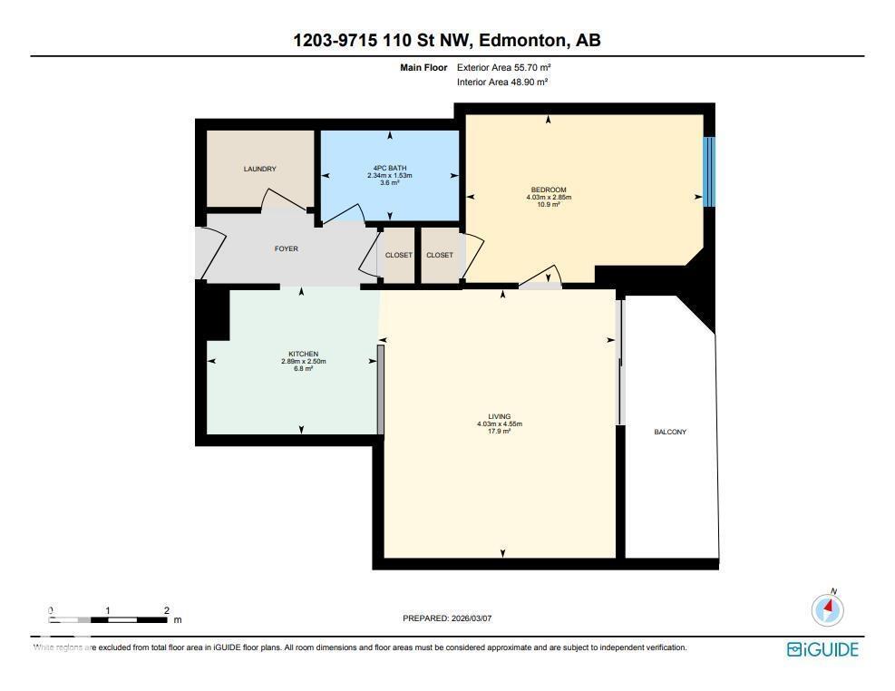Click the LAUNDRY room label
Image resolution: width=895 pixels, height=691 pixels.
[259, 170]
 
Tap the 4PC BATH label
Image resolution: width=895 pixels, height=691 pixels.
[390, 168]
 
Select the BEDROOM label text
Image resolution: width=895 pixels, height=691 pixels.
[549, 190]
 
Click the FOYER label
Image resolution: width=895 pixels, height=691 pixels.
[287, 248]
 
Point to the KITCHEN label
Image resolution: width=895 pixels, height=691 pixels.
[303, 354]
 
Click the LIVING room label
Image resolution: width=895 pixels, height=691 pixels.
[500, 416]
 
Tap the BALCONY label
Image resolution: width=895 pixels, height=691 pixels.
[670, 433]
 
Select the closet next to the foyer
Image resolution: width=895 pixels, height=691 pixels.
[398, 255]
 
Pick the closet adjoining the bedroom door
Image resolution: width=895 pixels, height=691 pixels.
[440, 255]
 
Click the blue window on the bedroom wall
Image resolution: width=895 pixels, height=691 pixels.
[709, 171]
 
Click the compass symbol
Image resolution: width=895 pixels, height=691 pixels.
[828, 609]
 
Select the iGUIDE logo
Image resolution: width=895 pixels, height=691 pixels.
[822, 649]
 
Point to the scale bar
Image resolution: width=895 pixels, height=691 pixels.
[108, 619]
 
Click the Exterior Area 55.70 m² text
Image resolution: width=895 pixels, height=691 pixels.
[504, 67]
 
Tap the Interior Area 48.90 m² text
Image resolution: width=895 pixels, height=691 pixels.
[503, 83]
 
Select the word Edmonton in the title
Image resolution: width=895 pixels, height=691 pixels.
[520, 40]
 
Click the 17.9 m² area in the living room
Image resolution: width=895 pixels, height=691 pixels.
[500, 432]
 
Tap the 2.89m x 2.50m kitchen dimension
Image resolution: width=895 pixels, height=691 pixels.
[303, 362]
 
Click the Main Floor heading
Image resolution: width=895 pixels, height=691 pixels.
[423, 67]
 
